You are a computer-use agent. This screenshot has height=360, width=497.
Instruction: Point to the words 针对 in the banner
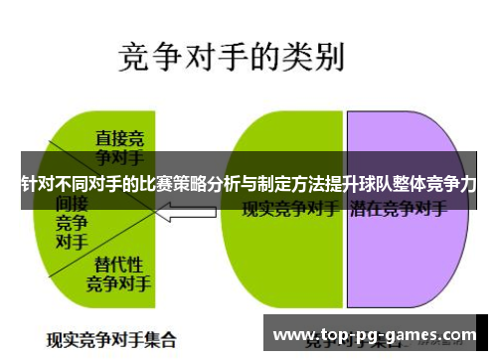tap(34, 184)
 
